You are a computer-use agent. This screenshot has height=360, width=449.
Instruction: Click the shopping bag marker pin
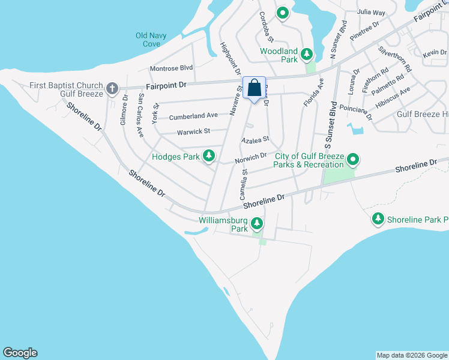coord(254,88)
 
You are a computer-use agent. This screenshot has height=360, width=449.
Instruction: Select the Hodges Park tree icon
coord(209,156)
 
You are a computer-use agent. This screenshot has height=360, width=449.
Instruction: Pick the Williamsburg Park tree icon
coord(257,224)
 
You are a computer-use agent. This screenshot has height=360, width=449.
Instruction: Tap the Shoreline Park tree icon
coord(378,220)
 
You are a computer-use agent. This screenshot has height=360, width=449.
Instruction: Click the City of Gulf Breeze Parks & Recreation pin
coord(354,160)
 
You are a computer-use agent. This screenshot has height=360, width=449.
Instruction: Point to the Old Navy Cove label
coord(148,40)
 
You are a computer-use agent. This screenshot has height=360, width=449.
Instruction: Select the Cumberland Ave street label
coord(193,116)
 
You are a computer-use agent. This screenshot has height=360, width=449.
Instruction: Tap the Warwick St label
coord(193,131)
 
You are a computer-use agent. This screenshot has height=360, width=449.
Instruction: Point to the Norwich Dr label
coord(251,157)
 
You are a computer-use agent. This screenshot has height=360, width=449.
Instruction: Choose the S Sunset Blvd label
coord(328,125)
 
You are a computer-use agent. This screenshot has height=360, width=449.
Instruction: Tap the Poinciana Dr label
coord(357,109)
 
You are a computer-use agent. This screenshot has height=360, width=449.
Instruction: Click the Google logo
coord(20,353)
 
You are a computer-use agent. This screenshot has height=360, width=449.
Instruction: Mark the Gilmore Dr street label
coord(123,109)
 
